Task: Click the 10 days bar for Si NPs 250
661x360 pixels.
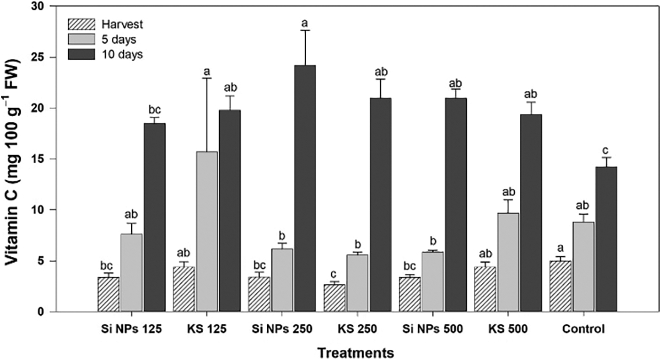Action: [x=305, y=188]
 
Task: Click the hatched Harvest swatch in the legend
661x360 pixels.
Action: [x=81, y=24]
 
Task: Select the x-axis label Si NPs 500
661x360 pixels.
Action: [x=433, y=329]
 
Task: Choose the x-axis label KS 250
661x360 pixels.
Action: [x=358, y=329]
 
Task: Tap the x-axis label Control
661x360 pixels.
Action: [x=583, y=329]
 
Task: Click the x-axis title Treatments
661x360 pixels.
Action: [x=355, y=352]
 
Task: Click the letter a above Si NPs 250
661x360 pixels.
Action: [x=304, y=23]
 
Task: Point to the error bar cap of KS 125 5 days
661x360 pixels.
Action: [x=207, y=78]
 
